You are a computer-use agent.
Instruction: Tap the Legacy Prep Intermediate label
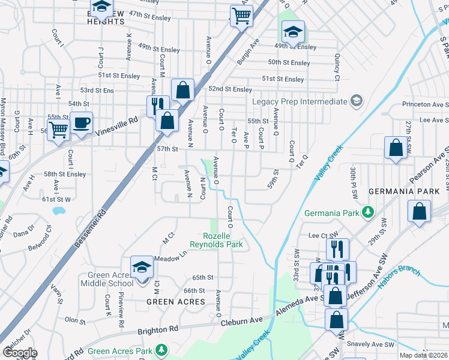(300, 101)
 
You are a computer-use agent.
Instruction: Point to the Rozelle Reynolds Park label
(216, 240)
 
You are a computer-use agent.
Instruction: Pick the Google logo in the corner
(19, 353)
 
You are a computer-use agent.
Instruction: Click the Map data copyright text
(423, 355)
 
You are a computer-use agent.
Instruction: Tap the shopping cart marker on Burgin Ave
(241, 16)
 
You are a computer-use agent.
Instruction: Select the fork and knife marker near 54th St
(156, 106)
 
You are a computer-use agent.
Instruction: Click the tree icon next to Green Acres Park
(160, 349)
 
